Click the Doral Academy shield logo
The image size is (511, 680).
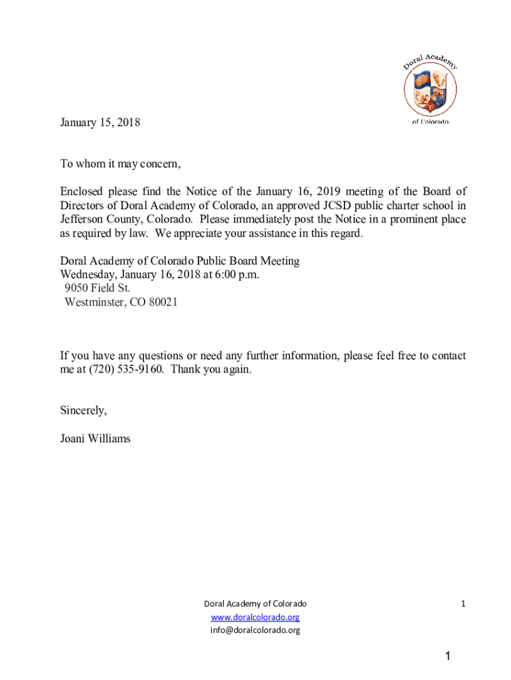pyautogui.click(x=431, y=91)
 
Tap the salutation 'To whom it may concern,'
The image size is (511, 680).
pyautogui.click(x=120, y=165)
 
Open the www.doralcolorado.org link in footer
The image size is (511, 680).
pyautogui.click(x=255, y=617)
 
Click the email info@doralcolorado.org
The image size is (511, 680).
pyautogui.click(x=255, y=630)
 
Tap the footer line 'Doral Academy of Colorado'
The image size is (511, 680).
pyautogui.click(x=255, y=604)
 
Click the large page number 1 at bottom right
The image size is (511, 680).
pyautogui.click(x=448, y=657)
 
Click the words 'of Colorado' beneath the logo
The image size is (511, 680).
pyautogui.click(x=430, y=122)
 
